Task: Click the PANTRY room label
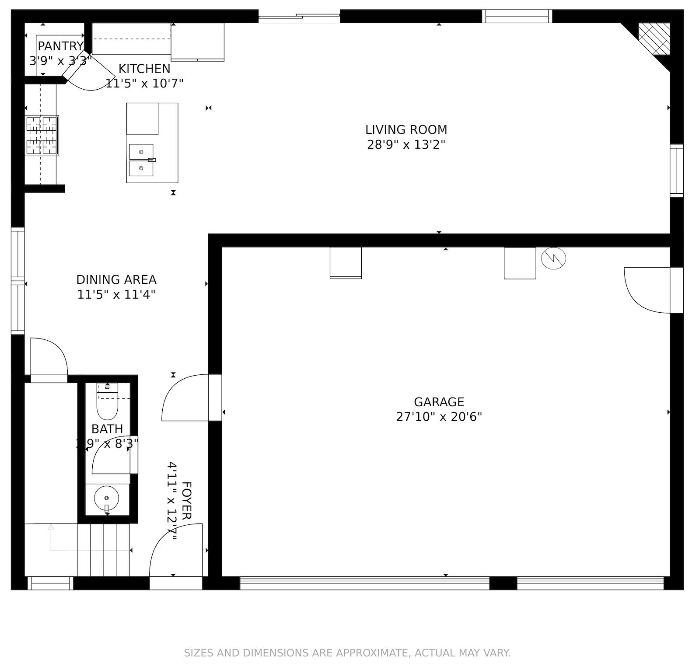point(60,46)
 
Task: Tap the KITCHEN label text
point(144,69)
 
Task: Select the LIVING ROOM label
point(406,129)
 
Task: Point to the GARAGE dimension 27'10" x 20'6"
point(439,417)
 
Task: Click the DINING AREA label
point(116,279)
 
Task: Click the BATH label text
point(107,429)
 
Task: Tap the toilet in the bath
point(107,405)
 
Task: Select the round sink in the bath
point(106,498)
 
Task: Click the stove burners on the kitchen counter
point(42,135)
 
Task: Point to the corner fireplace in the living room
point(654,39)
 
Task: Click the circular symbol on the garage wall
point(553,258)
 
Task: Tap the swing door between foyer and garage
point(186,398)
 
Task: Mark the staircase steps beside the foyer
point(103,550)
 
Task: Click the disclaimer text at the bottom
point(347,653)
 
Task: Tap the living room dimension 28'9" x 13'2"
point(406,144)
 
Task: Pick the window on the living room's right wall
point(676,171)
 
